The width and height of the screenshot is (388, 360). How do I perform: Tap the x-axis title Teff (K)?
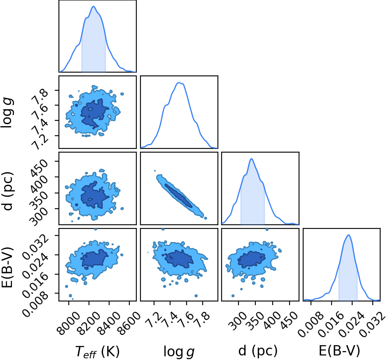coord(97,351)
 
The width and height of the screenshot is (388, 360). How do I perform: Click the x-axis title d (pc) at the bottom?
coord(258,351)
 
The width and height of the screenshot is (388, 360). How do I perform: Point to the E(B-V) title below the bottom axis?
coord(339,351)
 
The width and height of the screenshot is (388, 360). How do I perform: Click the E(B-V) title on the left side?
coord(7,267)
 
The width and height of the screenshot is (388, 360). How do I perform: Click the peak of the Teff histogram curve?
coord(93,6)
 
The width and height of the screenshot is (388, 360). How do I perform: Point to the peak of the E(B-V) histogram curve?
coord(348,235)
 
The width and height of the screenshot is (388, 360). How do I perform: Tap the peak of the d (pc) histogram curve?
coord(251,159)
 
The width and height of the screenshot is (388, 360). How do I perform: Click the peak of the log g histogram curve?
coord(179,83)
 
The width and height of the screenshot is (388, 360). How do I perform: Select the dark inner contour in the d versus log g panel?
coord(179,195)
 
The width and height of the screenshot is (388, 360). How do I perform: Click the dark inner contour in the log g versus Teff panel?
coord(94,114)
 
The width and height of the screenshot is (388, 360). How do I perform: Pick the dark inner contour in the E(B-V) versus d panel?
coord(251,259)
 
